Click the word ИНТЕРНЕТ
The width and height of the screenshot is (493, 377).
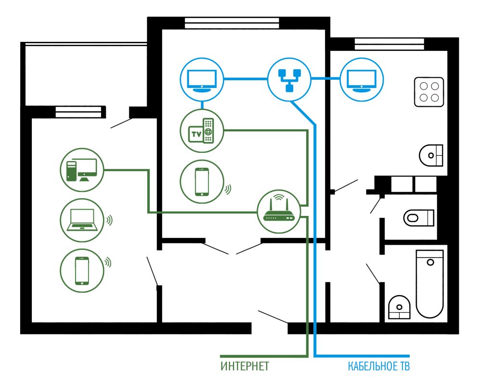click(245, 366)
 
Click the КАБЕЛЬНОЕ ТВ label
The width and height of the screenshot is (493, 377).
click(378, 366)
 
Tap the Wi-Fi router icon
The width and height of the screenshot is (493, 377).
click(279, 212)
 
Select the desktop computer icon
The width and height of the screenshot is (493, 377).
click(82, 170)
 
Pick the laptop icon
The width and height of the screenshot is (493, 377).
click(82, 220)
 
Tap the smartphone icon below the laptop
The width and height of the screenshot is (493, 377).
click(82, 271)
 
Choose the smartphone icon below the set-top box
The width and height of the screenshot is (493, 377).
click(202, 182)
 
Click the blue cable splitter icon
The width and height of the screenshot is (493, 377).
click(289, 79)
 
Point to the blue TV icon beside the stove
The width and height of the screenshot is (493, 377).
click(362, 79)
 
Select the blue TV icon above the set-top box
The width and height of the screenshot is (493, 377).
click(202, 79)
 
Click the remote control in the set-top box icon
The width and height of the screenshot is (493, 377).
click(208, 130)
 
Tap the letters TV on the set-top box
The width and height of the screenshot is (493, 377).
click(196, 135)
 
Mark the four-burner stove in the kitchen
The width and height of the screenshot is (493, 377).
click(429, 92)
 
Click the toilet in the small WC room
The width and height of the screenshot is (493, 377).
click(419, 217)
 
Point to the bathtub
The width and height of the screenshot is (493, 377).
click(430, 284)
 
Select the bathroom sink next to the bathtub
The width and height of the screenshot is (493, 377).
click(399, 307)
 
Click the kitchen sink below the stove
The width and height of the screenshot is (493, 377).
click(431, 155)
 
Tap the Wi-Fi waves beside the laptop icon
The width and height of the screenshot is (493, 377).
click(109, 220)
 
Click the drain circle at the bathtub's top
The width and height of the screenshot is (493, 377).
click(430, 262)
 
